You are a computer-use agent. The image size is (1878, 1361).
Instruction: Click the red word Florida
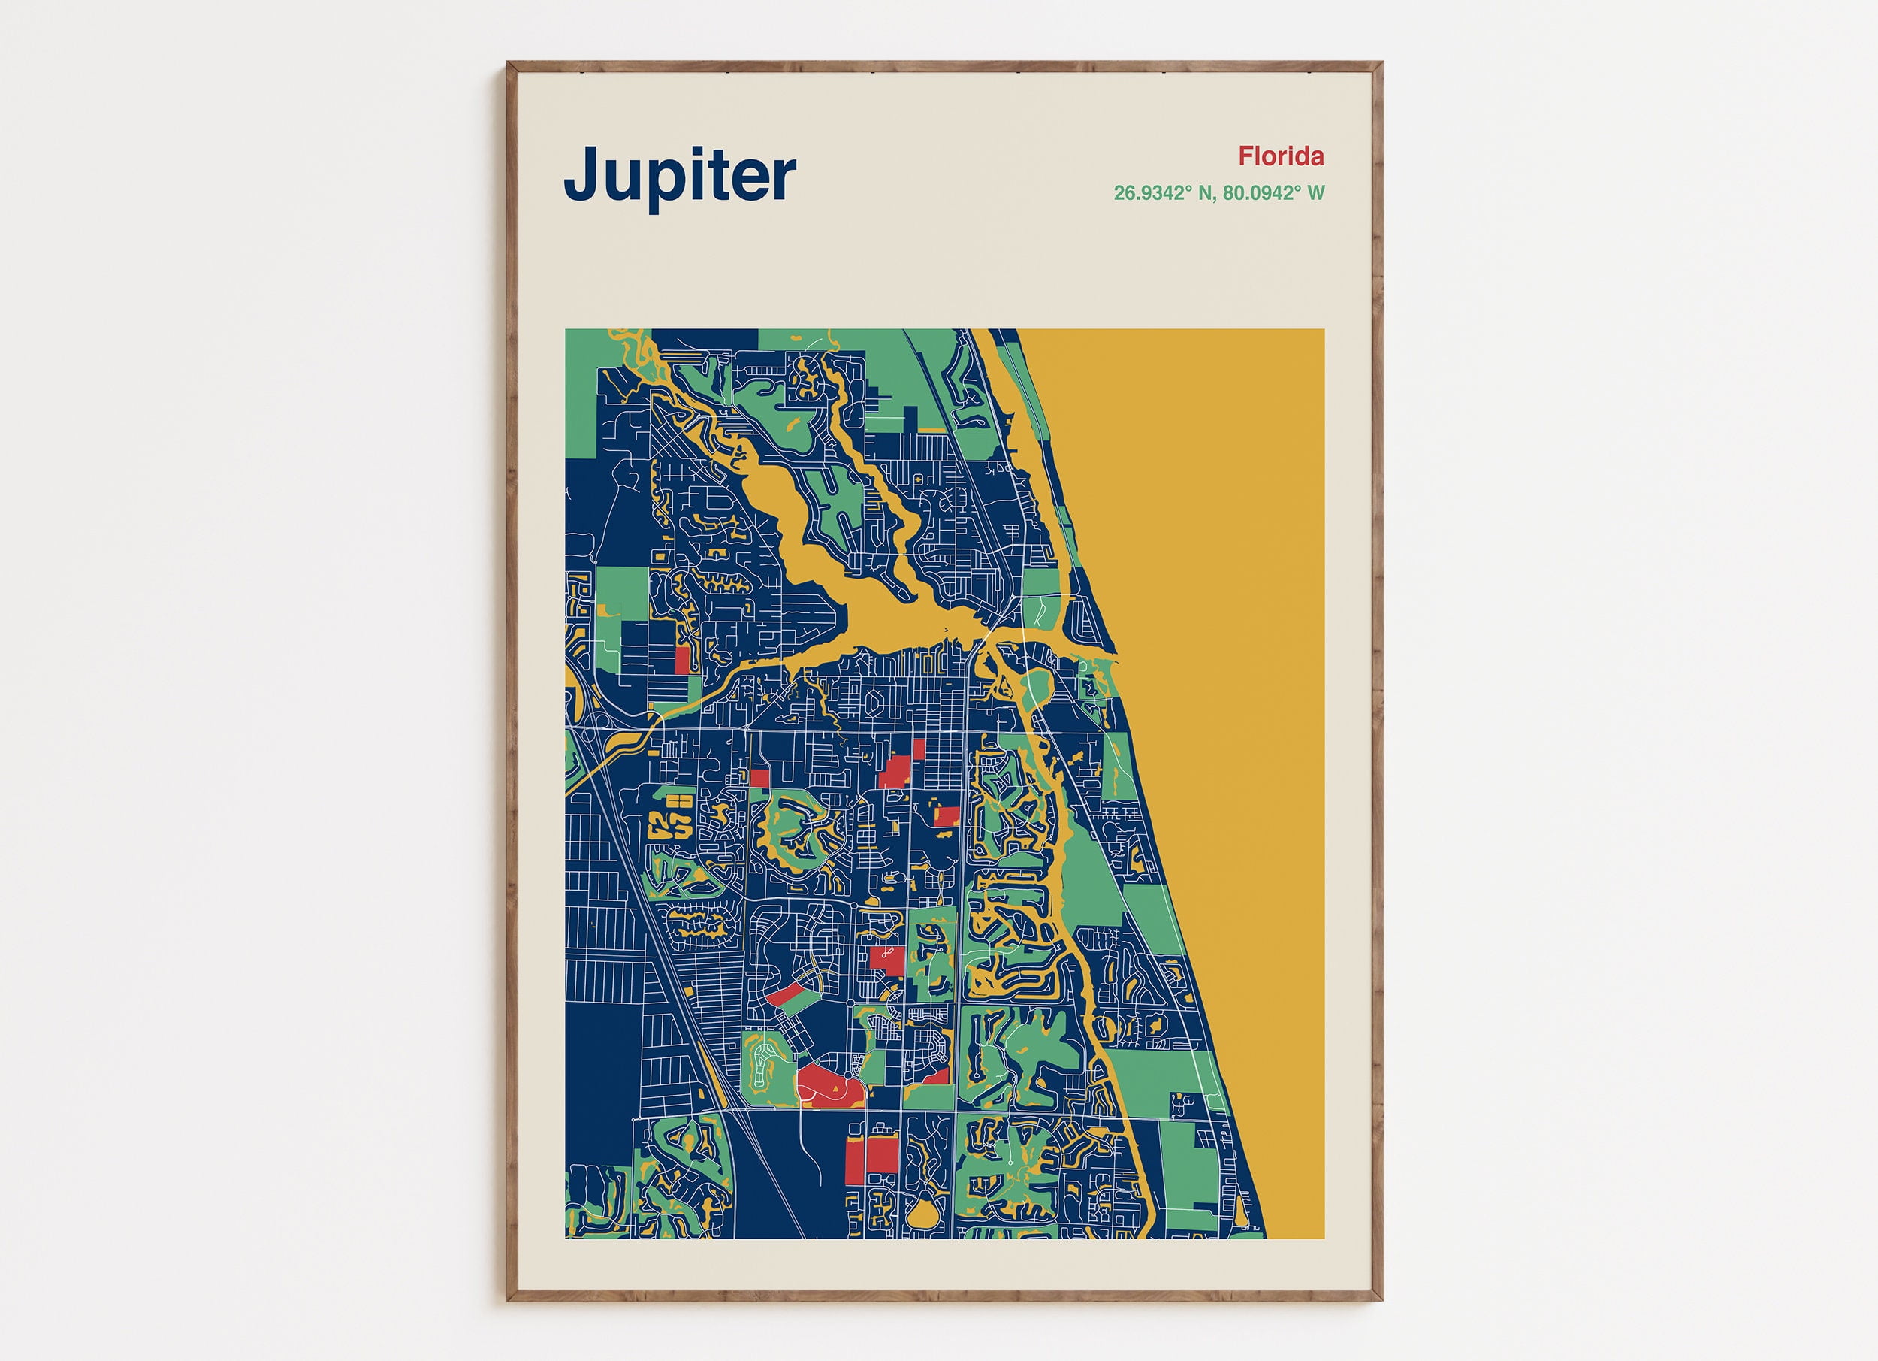pos(1281,156)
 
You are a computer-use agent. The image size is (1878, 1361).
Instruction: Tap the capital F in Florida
pos(1246,156)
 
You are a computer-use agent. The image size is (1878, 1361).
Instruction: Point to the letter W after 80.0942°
pos(1316,193)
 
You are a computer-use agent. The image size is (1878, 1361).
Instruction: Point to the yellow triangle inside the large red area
pos(835,1084)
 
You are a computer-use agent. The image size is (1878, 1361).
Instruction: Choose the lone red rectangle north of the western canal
pos(682,660)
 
